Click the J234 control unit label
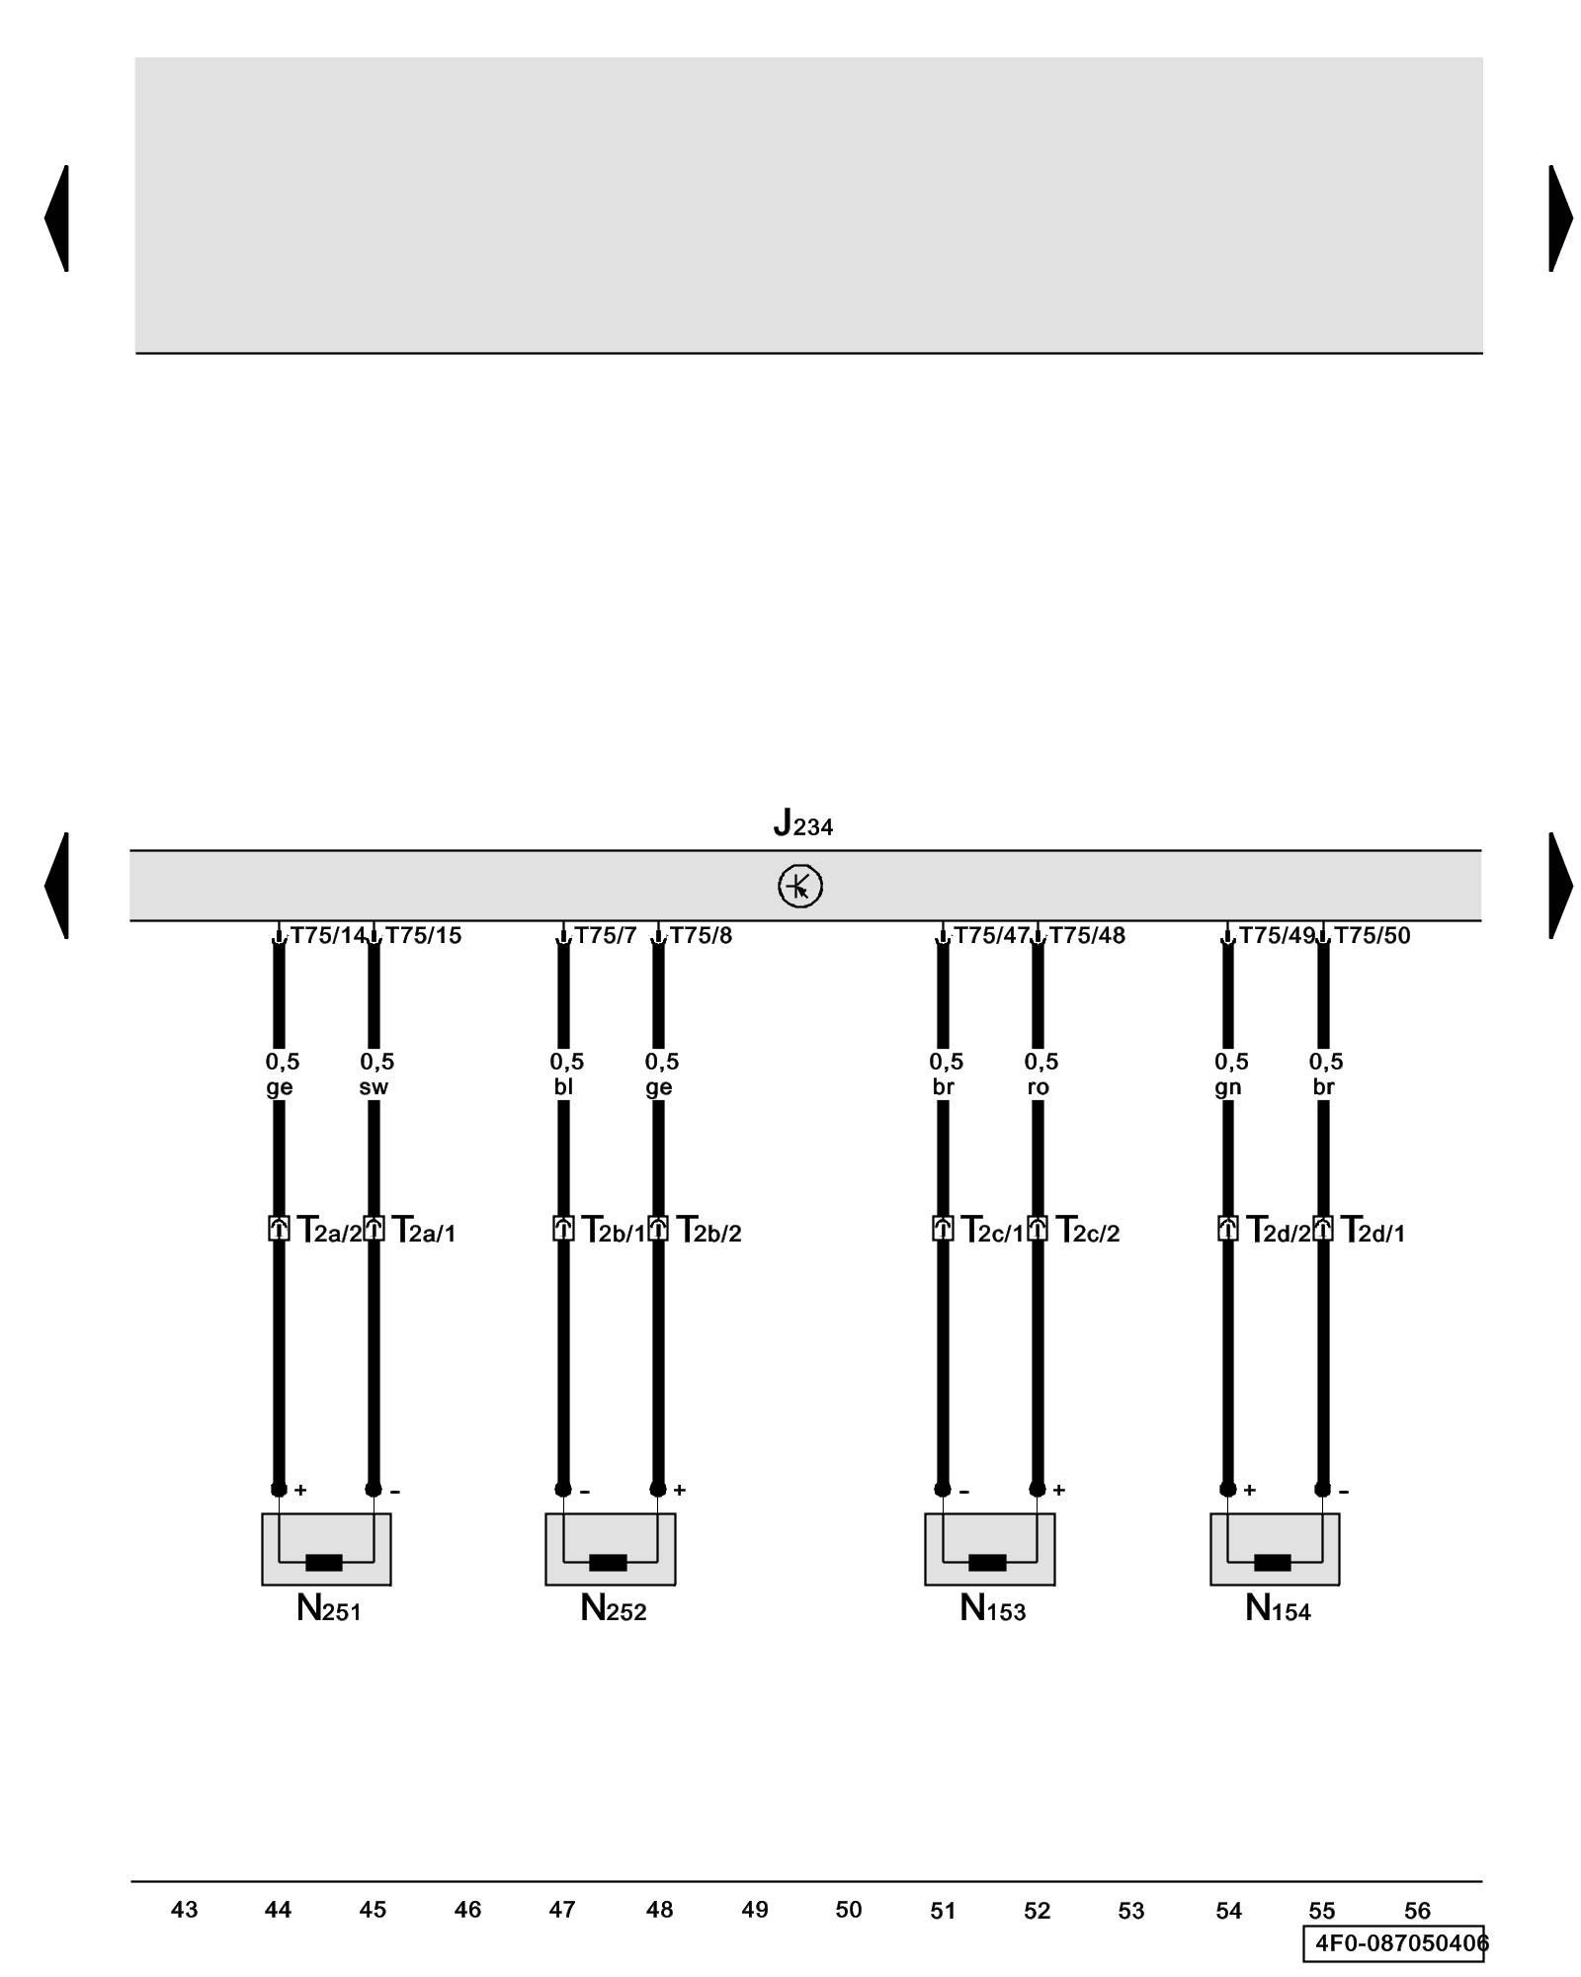[x=802, y=823]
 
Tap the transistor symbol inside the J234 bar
[x=800, y=886]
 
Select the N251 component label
[x=328, y=1609]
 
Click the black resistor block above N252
[x=608, y=1563]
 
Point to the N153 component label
[x=992, y=1609]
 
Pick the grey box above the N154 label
[x=1275, y=1549]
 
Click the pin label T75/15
[x=423, y=935]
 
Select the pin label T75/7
[x=606, y=935]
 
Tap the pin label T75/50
[x=1373, y=935]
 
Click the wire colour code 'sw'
[x=374, y=1087]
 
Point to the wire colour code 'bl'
[x=563, y=1087]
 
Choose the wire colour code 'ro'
[x=1038, y=1087]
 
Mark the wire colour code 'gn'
[x=1227, y=1087]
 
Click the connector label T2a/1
[x=424, y=1231]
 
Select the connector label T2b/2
[x=708, y=1231]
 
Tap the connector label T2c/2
[x=1088, y=1231]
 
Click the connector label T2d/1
[x=1373, y=1231]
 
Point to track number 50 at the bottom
[x=849, y=1910]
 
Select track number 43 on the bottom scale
[x=185, y=1910]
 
